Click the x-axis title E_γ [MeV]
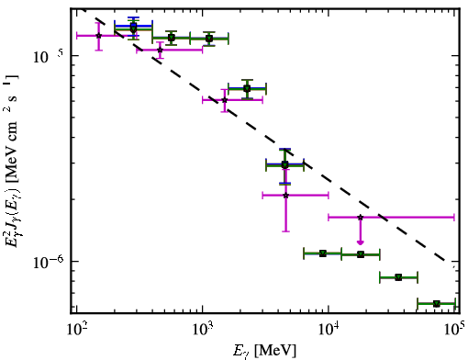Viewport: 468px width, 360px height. point(264,351)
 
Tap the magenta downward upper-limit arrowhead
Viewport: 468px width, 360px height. point(361,242)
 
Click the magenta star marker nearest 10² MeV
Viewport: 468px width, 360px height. point(98,36)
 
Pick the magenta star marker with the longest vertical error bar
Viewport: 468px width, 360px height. point(285,196)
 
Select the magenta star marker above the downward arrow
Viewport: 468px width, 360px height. point(361,218)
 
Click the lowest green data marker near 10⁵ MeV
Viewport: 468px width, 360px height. point(437,304)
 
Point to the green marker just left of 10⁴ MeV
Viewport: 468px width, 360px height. point(323,253)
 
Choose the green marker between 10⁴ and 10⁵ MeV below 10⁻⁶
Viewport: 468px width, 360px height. point(398,277)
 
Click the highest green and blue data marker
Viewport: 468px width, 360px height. point(133,28)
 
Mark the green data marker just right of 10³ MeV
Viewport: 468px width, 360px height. point(209,39)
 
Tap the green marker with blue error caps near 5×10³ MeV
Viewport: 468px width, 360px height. point(284,164)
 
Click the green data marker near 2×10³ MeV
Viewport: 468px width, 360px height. point(247,89)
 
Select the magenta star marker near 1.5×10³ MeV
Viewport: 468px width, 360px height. point(225,100)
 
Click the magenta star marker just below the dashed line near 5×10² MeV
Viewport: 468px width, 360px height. point(160,50)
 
